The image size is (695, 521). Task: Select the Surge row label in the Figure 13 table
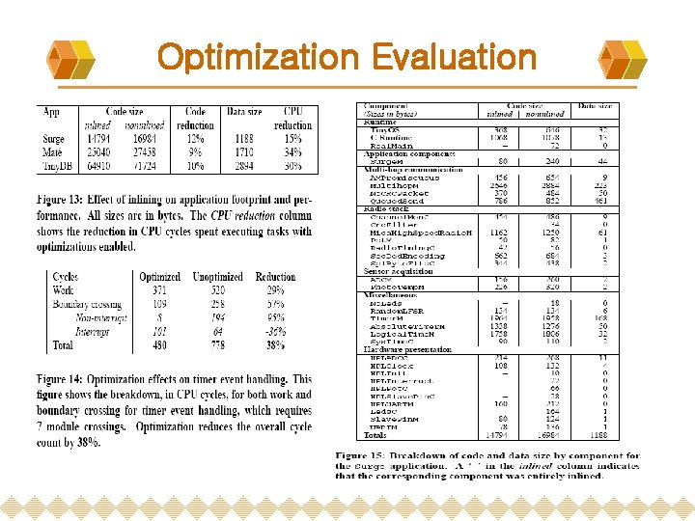pos(54,139)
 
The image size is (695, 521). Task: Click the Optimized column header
pos(159,277)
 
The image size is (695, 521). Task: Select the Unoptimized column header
pos(216,277)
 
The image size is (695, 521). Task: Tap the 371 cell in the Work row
pos(160,290)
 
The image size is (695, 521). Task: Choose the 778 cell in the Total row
pos(217,344)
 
